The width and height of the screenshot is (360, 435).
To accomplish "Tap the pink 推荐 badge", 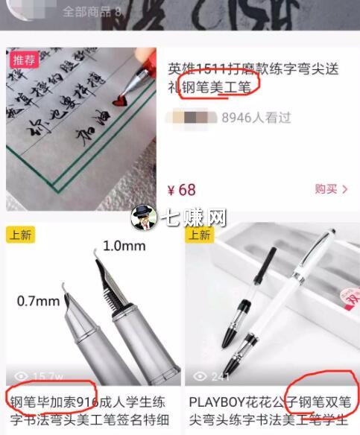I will pyautogui.click(x=22, y=60).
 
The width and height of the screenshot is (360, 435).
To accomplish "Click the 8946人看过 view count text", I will pyautogui.click(x=256, y=117).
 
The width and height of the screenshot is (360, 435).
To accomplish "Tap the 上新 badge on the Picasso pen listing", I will pyautogui.click(x=22, y=235).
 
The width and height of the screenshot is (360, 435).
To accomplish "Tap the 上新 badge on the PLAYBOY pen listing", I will pyautogui.click(x=200, y=235).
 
